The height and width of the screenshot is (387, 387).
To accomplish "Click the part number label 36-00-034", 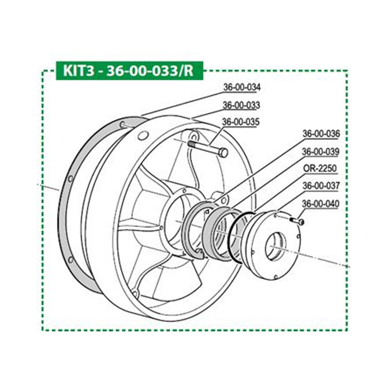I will tap(241, 88).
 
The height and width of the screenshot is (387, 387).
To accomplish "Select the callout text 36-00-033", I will tap(241, 105).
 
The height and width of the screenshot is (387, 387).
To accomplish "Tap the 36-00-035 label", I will tap(241, 122).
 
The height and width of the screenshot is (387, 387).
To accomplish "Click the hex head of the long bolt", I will tap(223, 153).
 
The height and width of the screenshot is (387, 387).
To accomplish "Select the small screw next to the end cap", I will tap(297, 221).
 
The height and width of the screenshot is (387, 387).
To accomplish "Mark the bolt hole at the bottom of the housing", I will tap(135, 294).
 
